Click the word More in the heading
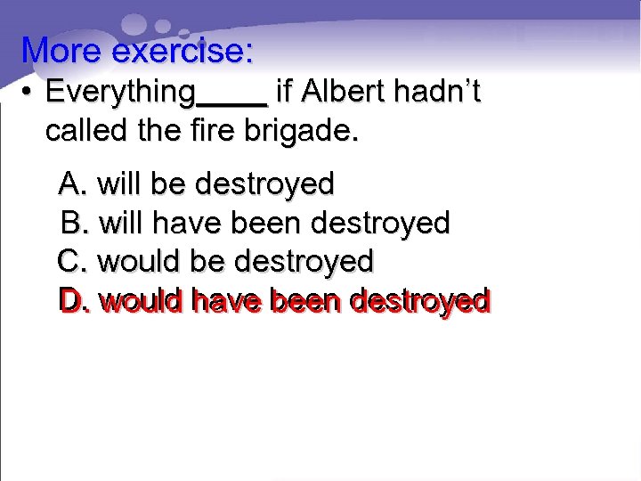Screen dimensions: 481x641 click(62, 50)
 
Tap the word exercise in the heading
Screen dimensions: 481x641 click(182, 50)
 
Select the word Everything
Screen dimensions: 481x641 click(120, 92)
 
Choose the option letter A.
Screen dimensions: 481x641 click(71, 184)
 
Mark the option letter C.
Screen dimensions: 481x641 click(70, 262)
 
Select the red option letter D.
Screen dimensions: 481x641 click(72, 301)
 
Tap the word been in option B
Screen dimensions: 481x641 click(265, 223)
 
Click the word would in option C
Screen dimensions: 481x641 click(138, 262)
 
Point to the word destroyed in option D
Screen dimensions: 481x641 click(420, 301)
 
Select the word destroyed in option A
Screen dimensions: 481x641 click(264, 184)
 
